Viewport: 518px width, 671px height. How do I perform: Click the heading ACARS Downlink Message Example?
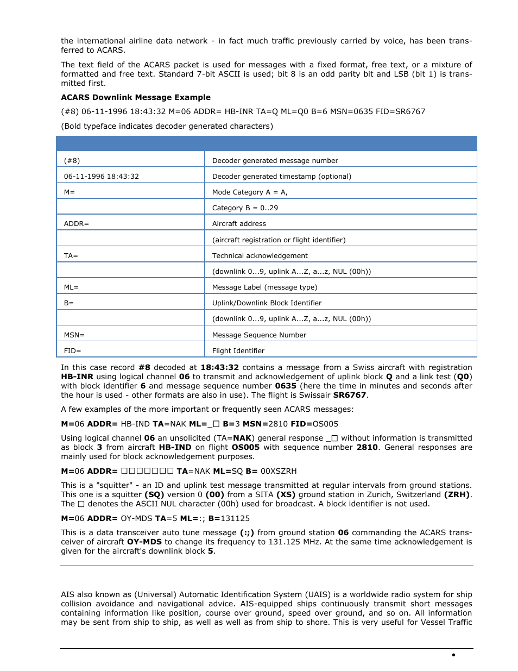136,97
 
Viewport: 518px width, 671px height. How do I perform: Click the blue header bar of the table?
266,143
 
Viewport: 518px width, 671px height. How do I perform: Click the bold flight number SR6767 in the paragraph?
350,395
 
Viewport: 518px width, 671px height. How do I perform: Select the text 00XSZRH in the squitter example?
279,471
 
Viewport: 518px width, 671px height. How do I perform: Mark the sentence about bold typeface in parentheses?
167,126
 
